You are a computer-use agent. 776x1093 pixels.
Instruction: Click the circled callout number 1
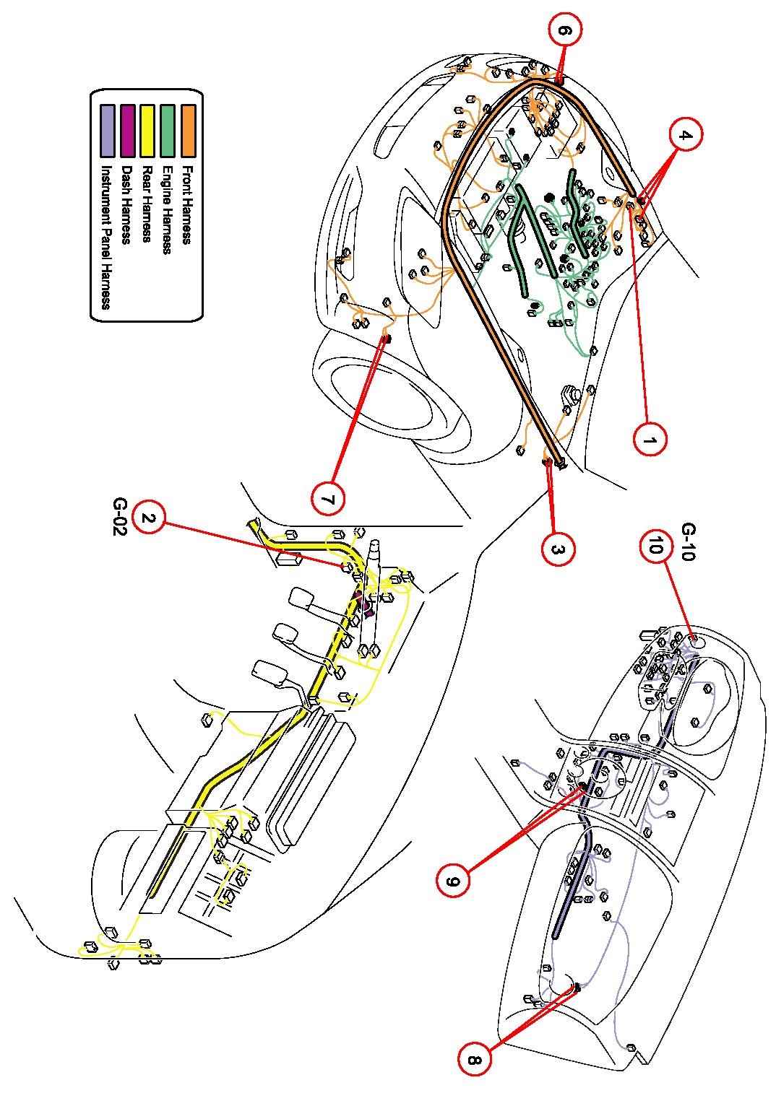click(x=650, y=438)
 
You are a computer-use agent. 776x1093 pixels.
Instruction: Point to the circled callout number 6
click(x=565, y=31)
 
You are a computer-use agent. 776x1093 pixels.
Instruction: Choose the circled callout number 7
click(x=329, y=497)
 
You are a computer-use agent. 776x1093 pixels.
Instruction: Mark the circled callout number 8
click(x=473, y=1059)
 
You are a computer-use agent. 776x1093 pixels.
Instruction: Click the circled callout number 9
click(x=453, y=881)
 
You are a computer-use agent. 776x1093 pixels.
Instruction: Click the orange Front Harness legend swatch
click(x=188, y=131)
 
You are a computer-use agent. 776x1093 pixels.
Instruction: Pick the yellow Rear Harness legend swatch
click(x=147, y=131)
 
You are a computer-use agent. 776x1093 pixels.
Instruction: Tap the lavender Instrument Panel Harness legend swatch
click(x=108, y=131)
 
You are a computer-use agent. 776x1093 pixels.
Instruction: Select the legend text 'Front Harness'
click(x=186, y=205)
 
